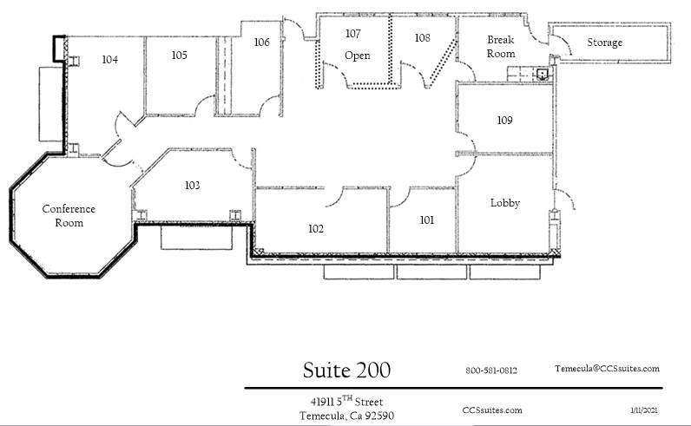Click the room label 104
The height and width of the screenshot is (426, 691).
click(109, 60)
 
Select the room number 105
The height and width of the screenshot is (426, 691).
click(179, 55)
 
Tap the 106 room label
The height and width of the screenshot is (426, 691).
click(261, 42)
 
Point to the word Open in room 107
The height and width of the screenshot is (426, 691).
click(357, 56)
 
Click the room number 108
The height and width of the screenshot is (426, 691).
click(422, 38)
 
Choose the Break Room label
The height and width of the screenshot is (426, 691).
click(501, 47)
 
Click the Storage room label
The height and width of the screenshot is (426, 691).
click(604, 43)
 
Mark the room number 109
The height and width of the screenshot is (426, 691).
click(504, 120)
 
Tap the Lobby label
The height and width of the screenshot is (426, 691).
click(504, 203)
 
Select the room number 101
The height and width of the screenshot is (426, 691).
click(426, 220)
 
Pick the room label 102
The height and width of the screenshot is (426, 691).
click(315, 229)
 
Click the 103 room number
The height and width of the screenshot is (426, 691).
click(192, 186)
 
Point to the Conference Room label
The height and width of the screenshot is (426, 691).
click(69, 216)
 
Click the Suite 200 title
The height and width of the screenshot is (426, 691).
click(346, 370)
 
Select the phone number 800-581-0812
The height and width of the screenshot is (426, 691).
click(491, 370)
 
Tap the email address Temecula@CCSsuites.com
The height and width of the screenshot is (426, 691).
click(608, 369)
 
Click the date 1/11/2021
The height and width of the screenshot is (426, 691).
click(645, 408)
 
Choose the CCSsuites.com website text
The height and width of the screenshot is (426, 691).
click(493, 410)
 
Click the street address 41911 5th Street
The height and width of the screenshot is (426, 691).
click(346, 401)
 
